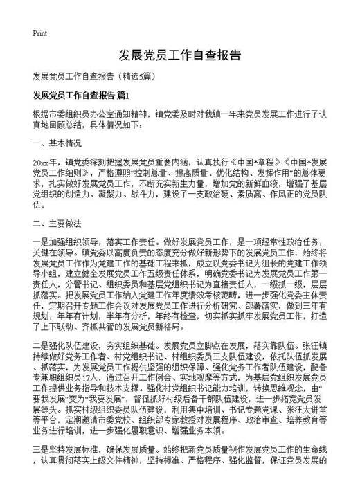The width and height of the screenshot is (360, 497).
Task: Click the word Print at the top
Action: click(x=39, y=34)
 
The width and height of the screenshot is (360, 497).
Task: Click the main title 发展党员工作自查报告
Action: click(x=180, y=55)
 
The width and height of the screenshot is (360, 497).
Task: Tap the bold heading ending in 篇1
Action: click(x=81, y=94)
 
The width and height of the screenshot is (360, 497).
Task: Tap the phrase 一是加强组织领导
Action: click(x=66, y=242)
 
